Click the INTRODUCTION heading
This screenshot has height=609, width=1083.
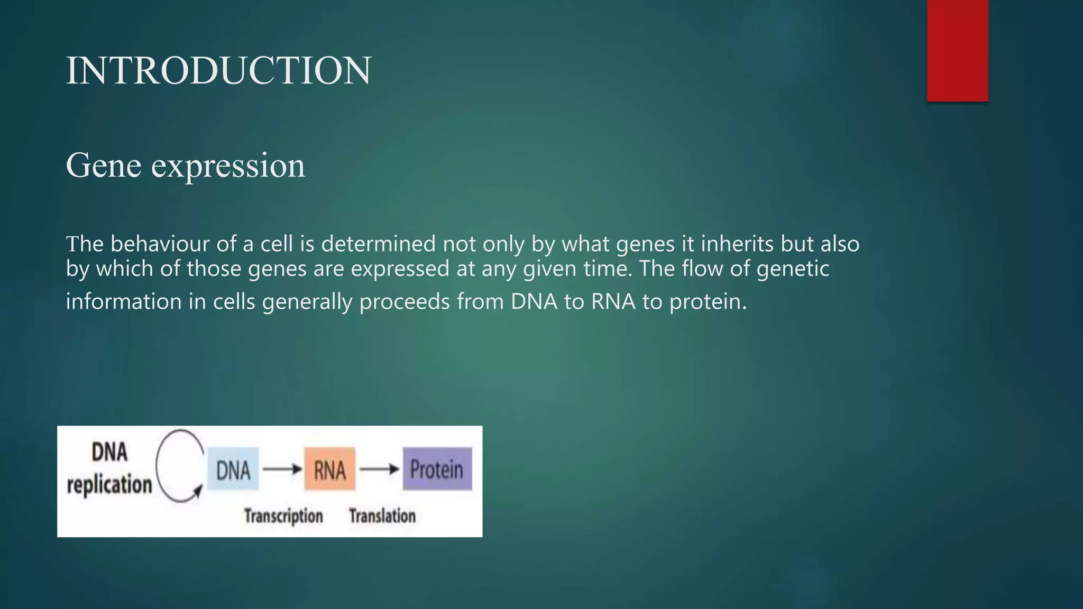[x=218, y=71]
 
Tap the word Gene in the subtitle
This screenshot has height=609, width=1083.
[x=104, y=165]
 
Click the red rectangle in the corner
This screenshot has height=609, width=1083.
[x=957, y=50]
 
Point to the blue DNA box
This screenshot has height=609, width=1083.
[x=233, y=469]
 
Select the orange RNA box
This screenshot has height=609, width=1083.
[x=329, y=469]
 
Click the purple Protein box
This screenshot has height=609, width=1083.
[x=437, y=469]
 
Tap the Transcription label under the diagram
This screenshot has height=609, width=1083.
[x=283, y=516]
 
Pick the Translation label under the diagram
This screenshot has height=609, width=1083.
[x=382, y=516]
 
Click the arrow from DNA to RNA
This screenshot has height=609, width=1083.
[x=282, y=469]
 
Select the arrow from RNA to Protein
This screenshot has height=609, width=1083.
[x=379, y=469]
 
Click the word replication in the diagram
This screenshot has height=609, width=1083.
[x=109, y=484]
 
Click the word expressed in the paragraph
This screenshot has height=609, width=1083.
[x=400, y=269]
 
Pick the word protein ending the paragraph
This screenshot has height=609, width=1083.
[x=708, y=302]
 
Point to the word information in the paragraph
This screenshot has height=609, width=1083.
[x=123, y=302]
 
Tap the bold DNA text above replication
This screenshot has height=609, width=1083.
[x=109, y=453]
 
